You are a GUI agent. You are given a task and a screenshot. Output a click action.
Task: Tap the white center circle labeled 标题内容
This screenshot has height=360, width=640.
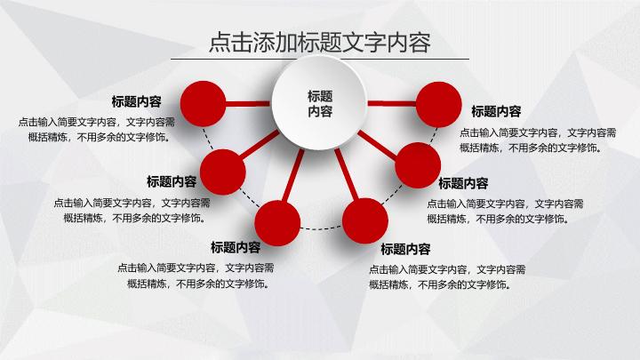(x=319, y=104)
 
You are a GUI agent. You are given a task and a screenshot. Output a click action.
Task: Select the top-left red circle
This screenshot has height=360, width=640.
(x=202, y=104)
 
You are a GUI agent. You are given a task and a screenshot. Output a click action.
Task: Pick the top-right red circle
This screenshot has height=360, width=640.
(x=439, y=104)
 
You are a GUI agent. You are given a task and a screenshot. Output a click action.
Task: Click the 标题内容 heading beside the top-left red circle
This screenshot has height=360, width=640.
(x=136, y=101)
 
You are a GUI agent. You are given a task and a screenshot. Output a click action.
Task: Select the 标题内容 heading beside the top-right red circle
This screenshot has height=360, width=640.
(x=496, y=111)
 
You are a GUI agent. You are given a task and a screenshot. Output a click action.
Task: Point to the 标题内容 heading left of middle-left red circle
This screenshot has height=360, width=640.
(x=172, y=180)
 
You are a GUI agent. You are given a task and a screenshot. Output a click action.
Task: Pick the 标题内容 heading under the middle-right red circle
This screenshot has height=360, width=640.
(x=463, y=183)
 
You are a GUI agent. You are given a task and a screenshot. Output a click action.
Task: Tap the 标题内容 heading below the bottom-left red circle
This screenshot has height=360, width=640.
(x=236, y=247)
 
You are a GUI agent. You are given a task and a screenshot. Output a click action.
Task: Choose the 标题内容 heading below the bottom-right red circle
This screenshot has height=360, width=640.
(x=405, y=249)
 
